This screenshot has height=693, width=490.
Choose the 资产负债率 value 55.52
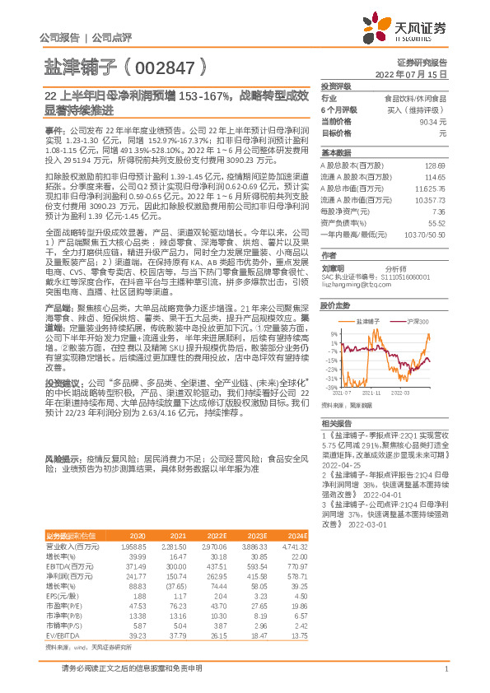(436, 223)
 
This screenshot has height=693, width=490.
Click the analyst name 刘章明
(334, 268)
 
